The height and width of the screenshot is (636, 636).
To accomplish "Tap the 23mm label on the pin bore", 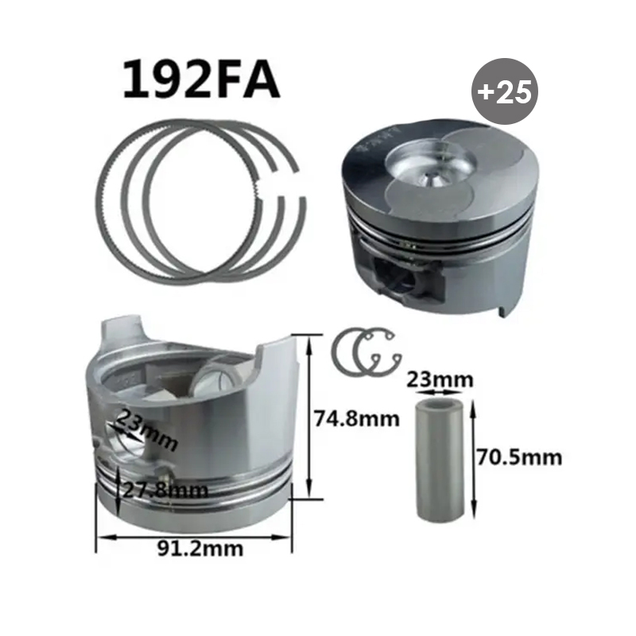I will pos(145,429).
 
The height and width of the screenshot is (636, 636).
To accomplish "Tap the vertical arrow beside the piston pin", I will pos(475,458).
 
